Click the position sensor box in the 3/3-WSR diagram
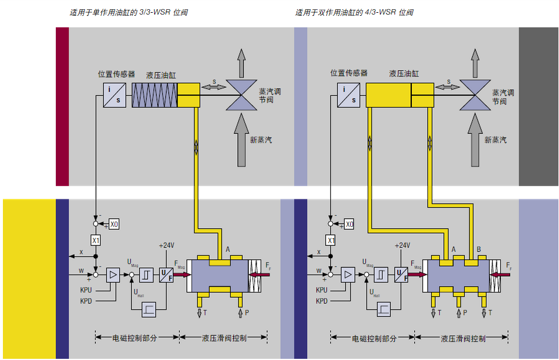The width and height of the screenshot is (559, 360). [x=115, y=95]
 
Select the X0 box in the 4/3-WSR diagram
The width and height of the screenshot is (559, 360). [x=349, y=224]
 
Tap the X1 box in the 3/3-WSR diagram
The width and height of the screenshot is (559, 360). [x=96, y=240]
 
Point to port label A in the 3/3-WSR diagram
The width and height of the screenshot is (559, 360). [x=227, y=249]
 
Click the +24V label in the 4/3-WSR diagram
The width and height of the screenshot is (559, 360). [x=402, y=245]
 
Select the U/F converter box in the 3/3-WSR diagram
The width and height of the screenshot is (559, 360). [x=166, y=275]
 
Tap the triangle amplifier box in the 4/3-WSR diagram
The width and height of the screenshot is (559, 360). [x=348, y=275]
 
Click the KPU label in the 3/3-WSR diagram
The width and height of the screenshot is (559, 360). [x=87, y=289]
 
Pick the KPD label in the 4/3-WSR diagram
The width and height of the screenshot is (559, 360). [x=322, y=301]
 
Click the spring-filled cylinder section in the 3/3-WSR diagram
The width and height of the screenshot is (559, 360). [x=154, y=95]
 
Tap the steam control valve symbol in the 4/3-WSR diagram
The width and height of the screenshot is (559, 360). [x=475, y=95]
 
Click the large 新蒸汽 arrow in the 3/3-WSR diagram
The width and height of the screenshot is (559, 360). [x=242, y=140]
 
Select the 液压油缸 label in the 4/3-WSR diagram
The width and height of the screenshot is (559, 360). [x=404, y=74]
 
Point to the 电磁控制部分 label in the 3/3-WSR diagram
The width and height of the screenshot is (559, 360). [x=137, y=337]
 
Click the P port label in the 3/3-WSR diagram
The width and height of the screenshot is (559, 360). [x=247, y=313]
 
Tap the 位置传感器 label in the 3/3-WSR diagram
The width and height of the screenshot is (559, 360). [x=116, y=74]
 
